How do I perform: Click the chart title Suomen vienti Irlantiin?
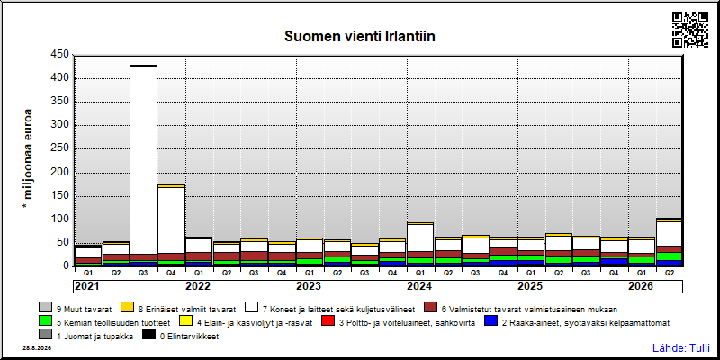click(359, 37)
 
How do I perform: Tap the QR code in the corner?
click(690, 30)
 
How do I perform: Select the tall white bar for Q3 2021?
click(144, 161)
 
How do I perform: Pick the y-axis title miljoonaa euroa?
click(28, 160)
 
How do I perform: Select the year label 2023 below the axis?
click(309, 286)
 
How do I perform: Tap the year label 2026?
click(641, 286)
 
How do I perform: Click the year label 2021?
click(87, 286)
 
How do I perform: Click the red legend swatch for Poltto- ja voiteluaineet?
click(328, 322)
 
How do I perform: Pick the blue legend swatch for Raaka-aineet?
click(490, 322)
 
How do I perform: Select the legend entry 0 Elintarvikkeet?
click(181, 336)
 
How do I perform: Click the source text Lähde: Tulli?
click(681, 348)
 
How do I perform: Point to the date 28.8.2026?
click(37, 348)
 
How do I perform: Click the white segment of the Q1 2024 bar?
click(420, 238)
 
